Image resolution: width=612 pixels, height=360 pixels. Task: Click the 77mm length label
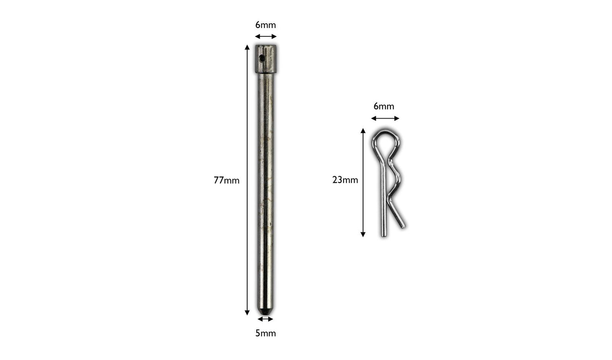[227, 180]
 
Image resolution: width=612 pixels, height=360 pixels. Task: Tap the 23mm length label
[345, 180]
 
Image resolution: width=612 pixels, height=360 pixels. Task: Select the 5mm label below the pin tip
[266, 333]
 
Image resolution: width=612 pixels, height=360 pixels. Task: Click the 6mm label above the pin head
[266, 25]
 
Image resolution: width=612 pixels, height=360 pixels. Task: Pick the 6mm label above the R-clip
[384, 106]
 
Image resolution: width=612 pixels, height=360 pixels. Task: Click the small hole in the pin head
[262, 58]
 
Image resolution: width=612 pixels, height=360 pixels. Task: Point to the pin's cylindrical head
[266, 59]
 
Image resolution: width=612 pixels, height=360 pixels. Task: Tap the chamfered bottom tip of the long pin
[266, 311]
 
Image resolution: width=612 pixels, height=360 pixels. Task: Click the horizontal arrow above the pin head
[266, 36]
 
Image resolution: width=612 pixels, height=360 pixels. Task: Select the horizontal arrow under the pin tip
[266, 319]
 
